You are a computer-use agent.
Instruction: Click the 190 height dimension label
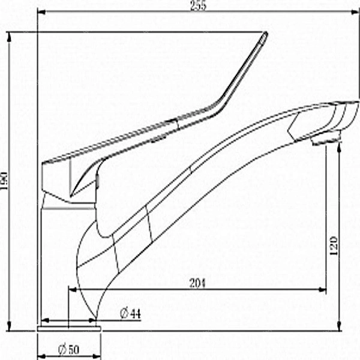pos(4,181)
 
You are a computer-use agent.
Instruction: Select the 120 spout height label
pos(334,246)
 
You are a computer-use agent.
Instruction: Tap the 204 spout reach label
pos(197,283)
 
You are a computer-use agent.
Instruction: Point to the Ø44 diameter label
pos(130,314)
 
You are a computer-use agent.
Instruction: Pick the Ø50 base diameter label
pos(68,350)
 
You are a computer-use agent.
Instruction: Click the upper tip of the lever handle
pos(266,33)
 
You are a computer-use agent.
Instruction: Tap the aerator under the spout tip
pos(326,139)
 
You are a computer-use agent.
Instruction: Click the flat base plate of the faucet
pos(69,329)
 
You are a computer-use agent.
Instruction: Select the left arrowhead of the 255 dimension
pos(41,12)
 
